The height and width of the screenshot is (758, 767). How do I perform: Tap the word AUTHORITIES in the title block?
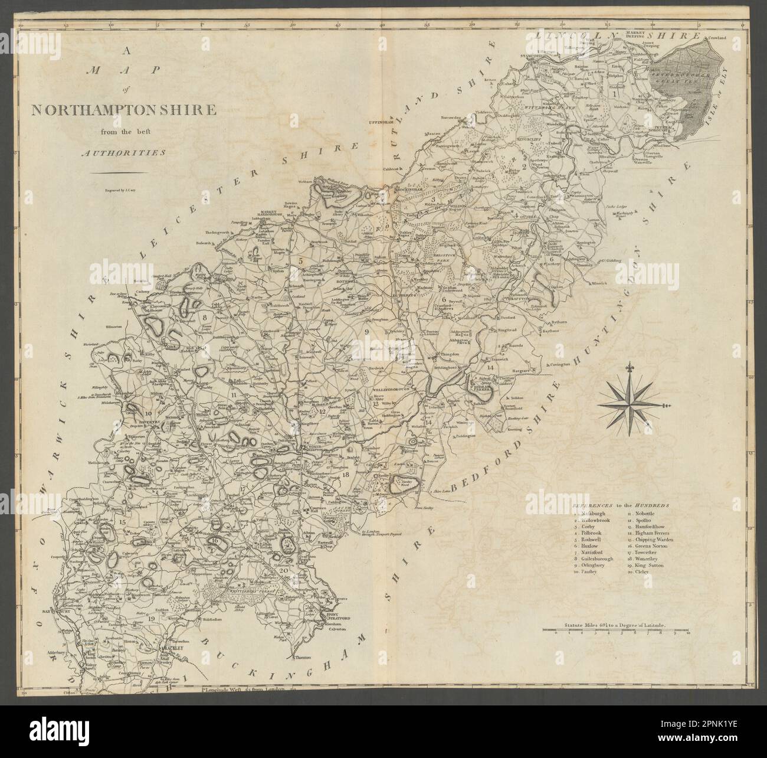(123, 152)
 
